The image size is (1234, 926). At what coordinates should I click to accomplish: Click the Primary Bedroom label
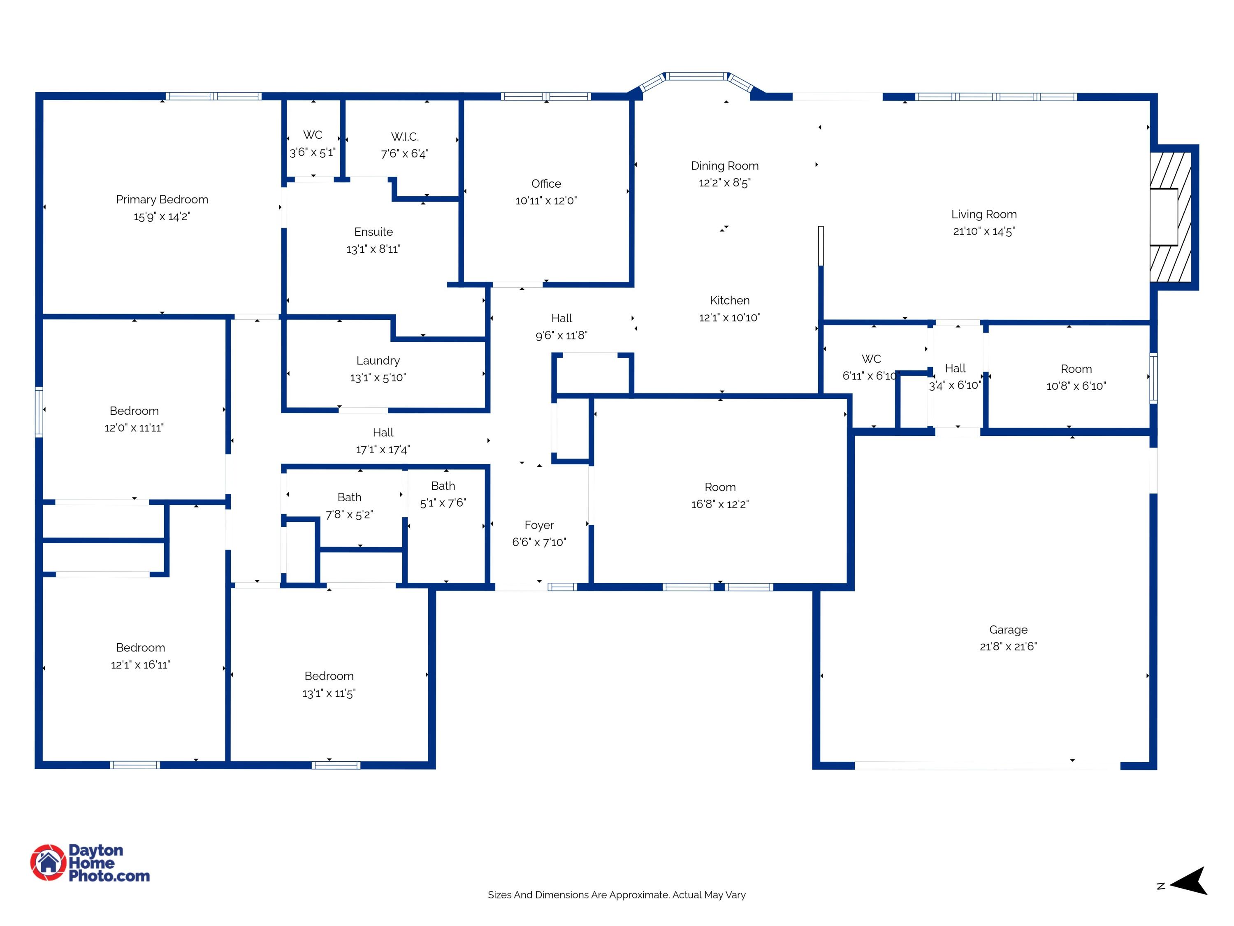pyautogui.click(x=162, y=199)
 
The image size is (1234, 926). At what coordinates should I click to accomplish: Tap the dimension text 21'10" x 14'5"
pyautogui.click(x=983, y=231)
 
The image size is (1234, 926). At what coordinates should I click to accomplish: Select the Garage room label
pyautogui.click(x=1008, y=630)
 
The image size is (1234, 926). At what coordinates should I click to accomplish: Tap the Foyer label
pyautogui.click(x=539, y=525)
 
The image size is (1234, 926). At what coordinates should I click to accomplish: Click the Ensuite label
pyautogui.click(x=373, y=232)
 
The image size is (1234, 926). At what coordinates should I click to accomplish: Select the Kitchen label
pyautogui.click(x=730, y=300)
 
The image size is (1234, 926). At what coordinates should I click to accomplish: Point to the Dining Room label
pyautogui.click(x=725, y=166)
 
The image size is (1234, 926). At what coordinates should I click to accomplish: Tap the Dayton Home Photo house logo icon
pyautogui.click(x=49, y=862)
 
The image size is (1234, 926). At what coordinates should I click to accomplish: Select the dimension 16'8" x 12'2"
pyautogui.click(x=720, y=504)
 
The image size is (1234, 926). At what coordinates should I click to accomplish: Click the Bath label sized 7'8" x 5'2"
pyautogui.click(x=349, y=497)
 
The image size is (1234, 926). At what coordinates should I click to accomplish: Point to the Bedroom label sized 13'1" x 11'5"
pyautogui.click(x=329, y=676)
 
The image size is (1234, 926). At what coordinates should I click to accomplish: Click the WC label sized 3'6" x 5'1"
pyautogui.click(x=312, y=135)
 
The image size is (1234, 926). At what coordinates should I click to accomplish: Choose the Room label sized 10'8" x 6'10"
pyautogui.click(x=1076, y=369)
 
